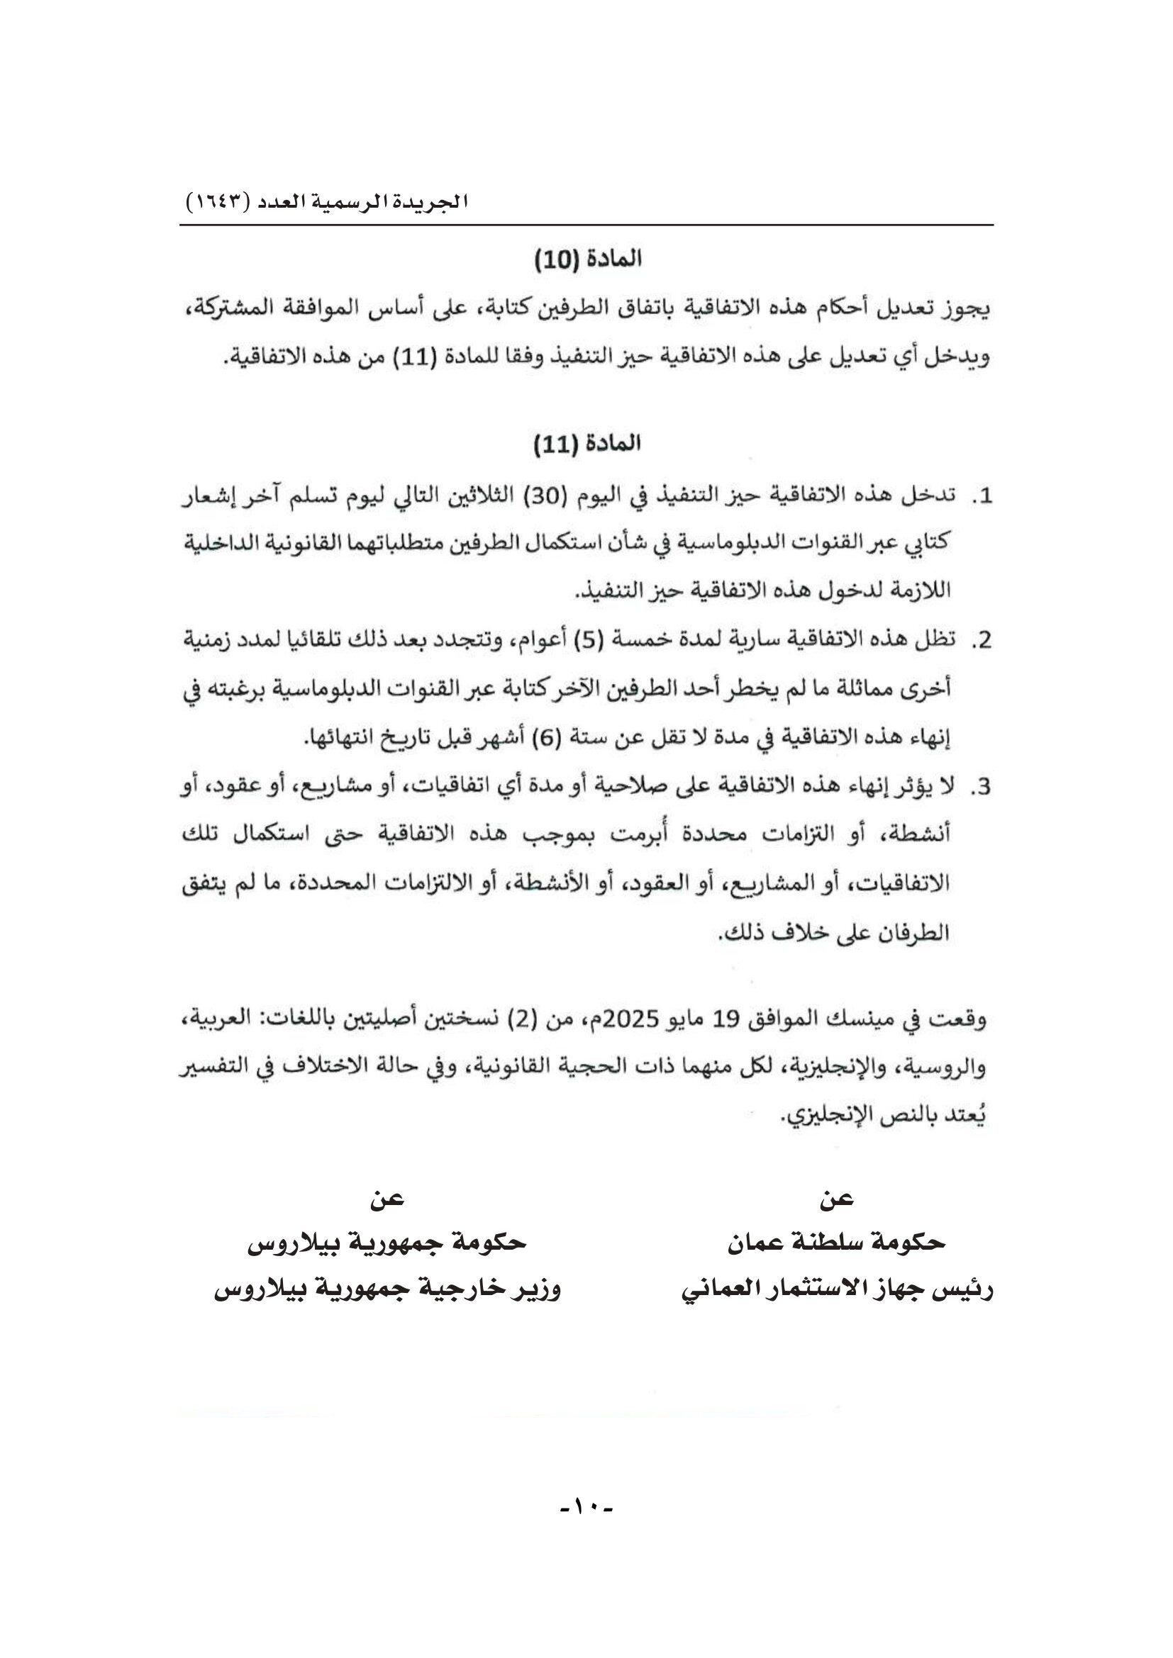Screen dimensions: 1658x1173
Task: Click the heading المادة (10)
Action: pos(587,259)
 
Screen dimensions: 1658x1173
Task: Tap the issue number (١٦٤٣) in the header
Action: pos(218,202)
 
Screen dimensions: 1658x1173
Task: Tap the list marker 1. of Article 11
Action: pos(982,497)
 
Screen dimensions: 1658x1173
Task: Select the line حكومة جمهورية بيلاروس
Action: pos(387,1242)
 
